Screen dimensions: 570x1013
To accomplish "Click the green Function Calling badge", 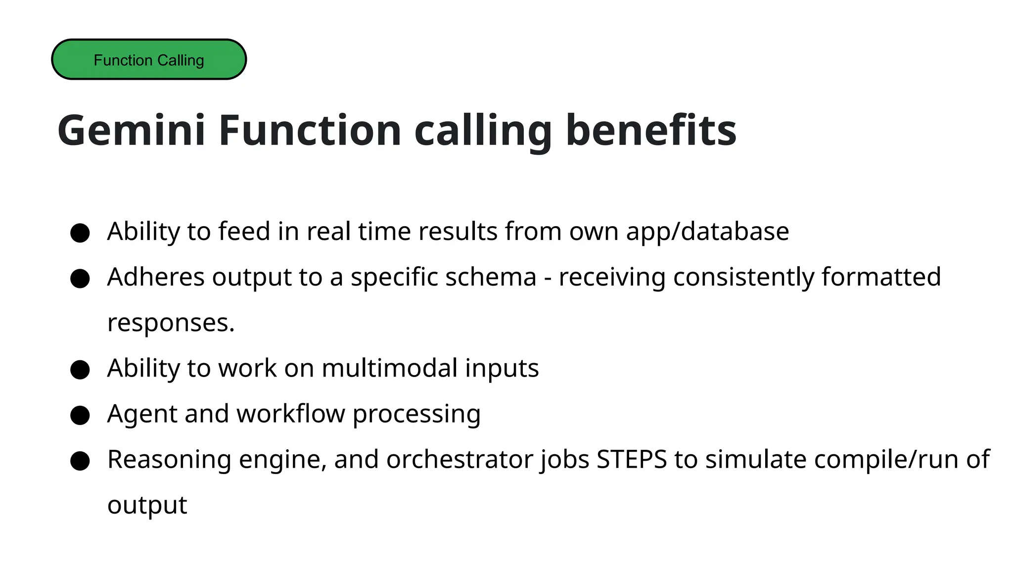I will (x=149, y=59).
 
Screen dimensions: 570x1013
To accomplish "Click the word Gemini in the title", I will (x=131, y=130).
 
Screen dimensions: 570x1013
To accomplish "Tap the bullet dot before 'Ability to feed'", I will (x=80, y=233).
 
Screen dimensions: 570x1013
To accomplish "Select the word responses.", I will (x=171, y=323).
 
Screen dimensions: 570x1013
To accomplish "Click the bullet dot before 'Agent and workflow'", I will (x=80, y=415).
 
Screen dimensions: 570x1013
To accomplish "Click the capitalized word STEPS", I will (x=632, y=460).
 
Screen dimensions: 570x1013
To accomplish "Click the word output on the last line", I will (x=147, y=506).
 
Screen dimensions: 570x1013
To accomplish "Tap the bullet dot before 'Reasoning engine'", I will (x=80, y=461).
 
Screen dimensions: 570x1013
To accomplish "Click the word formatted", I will (x=881, y=277).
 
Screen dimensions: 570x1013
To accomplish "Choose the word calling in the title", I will (x=483, y=131).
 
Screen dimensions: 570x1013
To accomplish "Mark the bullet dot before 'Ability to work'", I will (x=80, y=370).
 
